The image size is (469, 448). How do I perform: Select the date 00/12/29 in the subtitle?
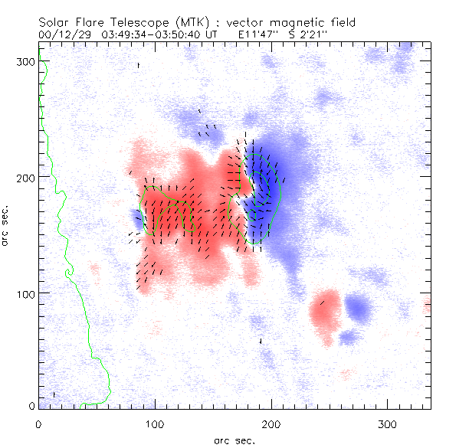63,35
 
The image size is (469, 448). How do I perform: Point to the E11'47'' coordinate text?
261,35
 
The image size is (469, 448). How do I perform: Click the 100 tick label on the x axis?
155,423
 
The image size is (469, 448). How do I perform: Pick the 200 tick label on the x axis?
271,423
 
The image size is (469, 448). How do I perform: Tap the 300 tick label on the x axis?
387,423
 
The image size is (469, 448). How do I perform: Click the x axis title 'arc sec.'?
235,440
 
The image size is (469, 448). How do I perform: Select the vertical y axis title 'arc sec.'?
6,225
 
